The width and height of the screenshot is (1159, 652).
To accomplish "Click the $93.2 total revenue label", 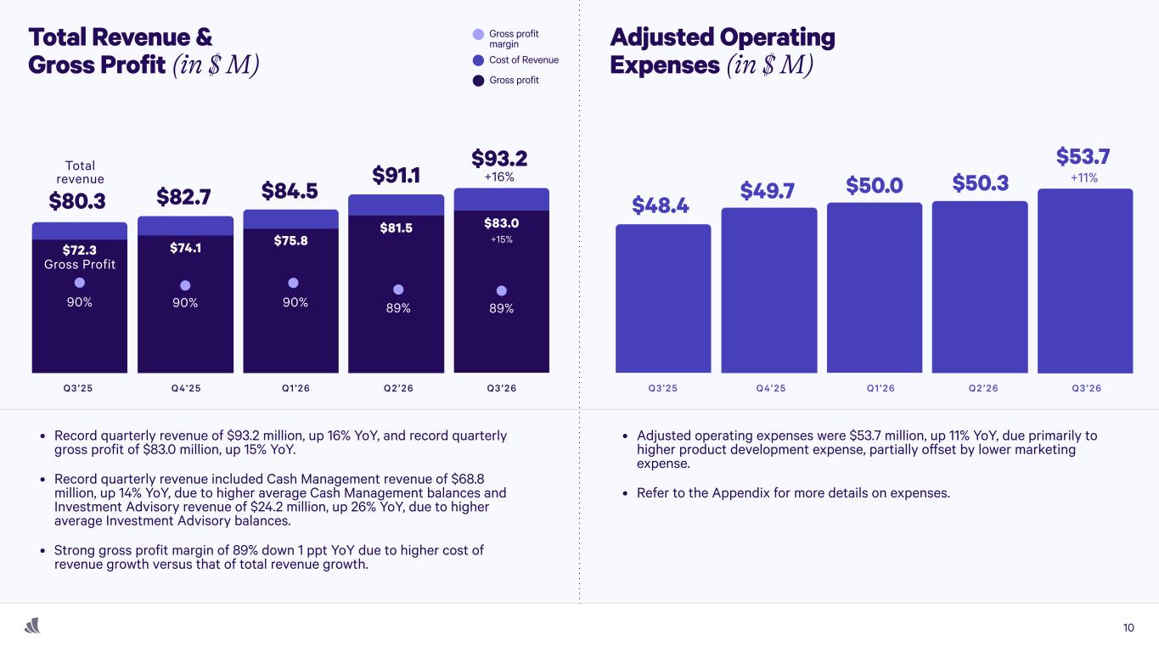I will tap(499, 159).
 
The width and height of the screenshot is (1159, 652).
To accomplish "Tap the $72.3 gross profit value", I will tap(79, 250).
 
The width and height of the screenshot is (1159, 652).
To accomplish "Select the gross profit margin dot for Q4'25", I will tap(185, 285).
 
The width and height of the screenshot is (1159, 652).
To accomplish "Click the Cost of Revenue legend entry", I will tap(515, 60).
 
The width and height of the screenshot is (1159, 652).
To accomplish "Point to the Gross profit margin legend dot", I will tap(479, 35).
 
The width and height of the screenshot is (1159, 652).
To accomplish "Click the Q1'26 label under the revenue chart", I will tap(295, 388).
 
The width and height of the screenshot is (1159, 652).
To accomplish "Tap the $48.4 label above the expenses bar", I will tap(660, 205).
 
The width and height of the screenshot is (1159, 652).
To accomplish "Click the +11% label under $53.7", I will tap(1084, 178).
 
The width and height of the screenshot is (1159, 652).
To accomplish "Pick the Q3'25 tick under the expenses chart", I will tap(662, 388).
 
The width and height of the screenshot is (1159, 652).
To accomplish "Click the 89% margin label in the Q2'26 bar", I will tap(397, 308).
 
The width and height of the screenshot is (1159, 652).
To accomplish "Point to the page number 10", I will tap(1128, 628).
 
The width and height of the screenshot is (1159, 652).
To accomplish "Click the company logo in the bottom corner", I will tap(33, 627).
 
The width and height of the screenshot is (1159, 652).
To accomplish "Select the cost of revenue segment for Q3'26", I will tap(501, 199).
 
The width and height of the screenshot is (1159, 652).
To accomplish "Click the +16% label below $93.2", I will tap(499, 178).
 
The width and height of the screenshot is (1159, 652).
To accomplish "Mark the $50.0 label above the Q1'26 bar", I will tap(875, 184).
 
